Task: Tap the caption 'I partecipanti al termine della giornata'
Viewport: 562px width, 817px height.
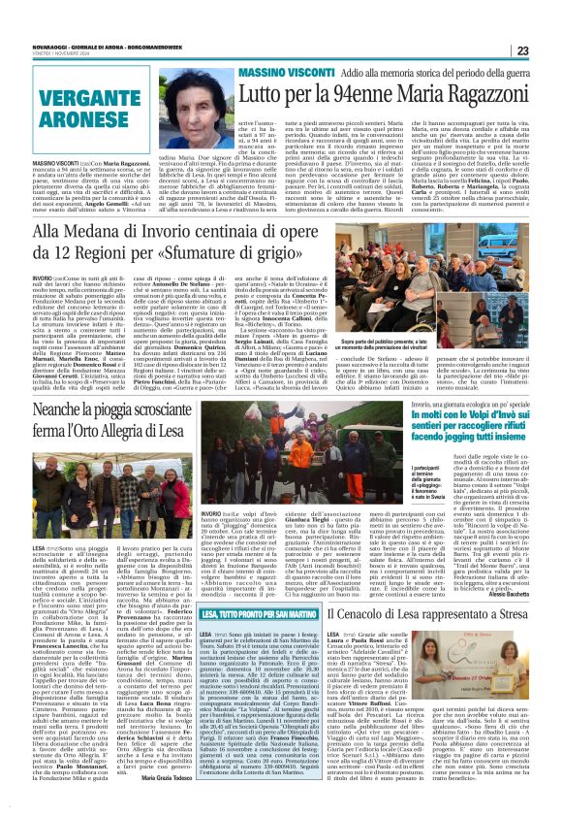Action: coord(373,513)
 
